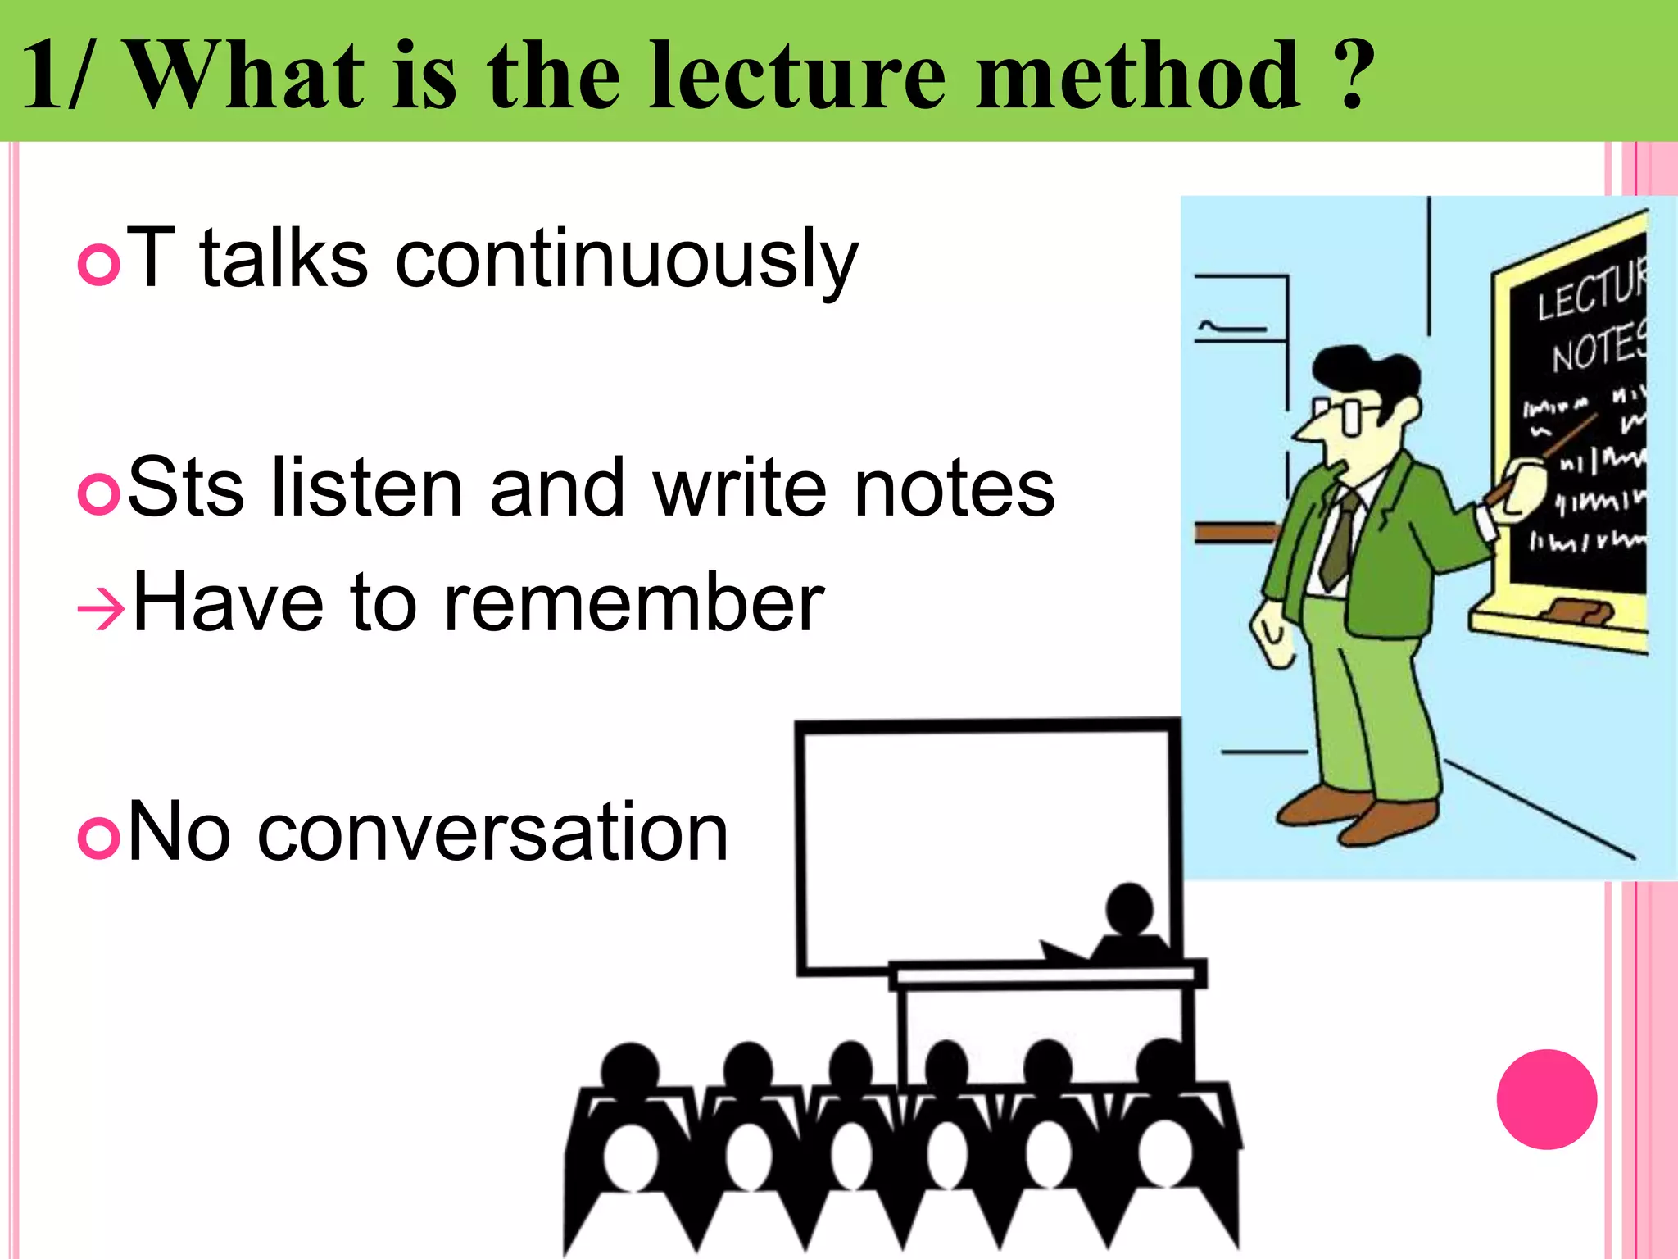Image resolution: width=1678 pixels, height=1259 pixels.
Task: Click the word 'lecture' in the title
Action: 796,75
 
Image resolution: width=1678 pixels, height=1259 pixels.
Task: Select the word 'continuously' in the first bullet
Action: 627,261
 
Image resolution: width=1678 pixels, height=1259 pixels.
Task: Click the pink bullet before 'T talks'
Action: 99,264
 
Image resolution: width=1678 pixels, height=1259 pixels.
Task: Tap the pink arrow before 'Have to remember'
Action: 100,609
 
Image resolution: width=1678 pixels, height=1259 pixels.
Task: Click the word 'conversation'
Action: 492,833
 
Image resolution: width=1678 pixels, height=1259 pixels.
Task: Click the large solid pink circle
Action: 1546,1099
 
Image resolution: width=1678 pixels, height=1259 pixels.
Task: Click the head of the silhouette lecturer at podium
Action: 1129,908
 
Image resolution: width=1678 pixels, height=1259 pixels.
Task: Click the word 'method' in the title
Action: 1137,75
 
